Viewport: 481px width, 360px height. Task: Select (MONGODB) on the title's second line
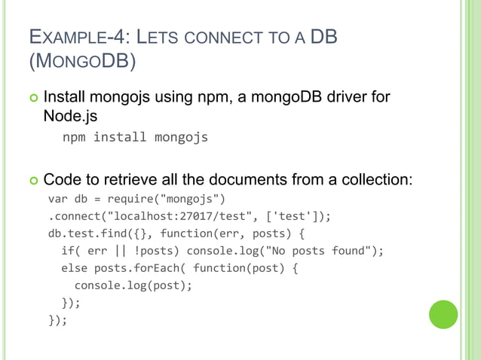(82, 62)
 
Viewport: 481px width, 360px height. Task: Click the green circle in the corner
(443, 314)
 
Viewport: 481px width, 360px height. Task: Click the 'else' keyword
(75, 269)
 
